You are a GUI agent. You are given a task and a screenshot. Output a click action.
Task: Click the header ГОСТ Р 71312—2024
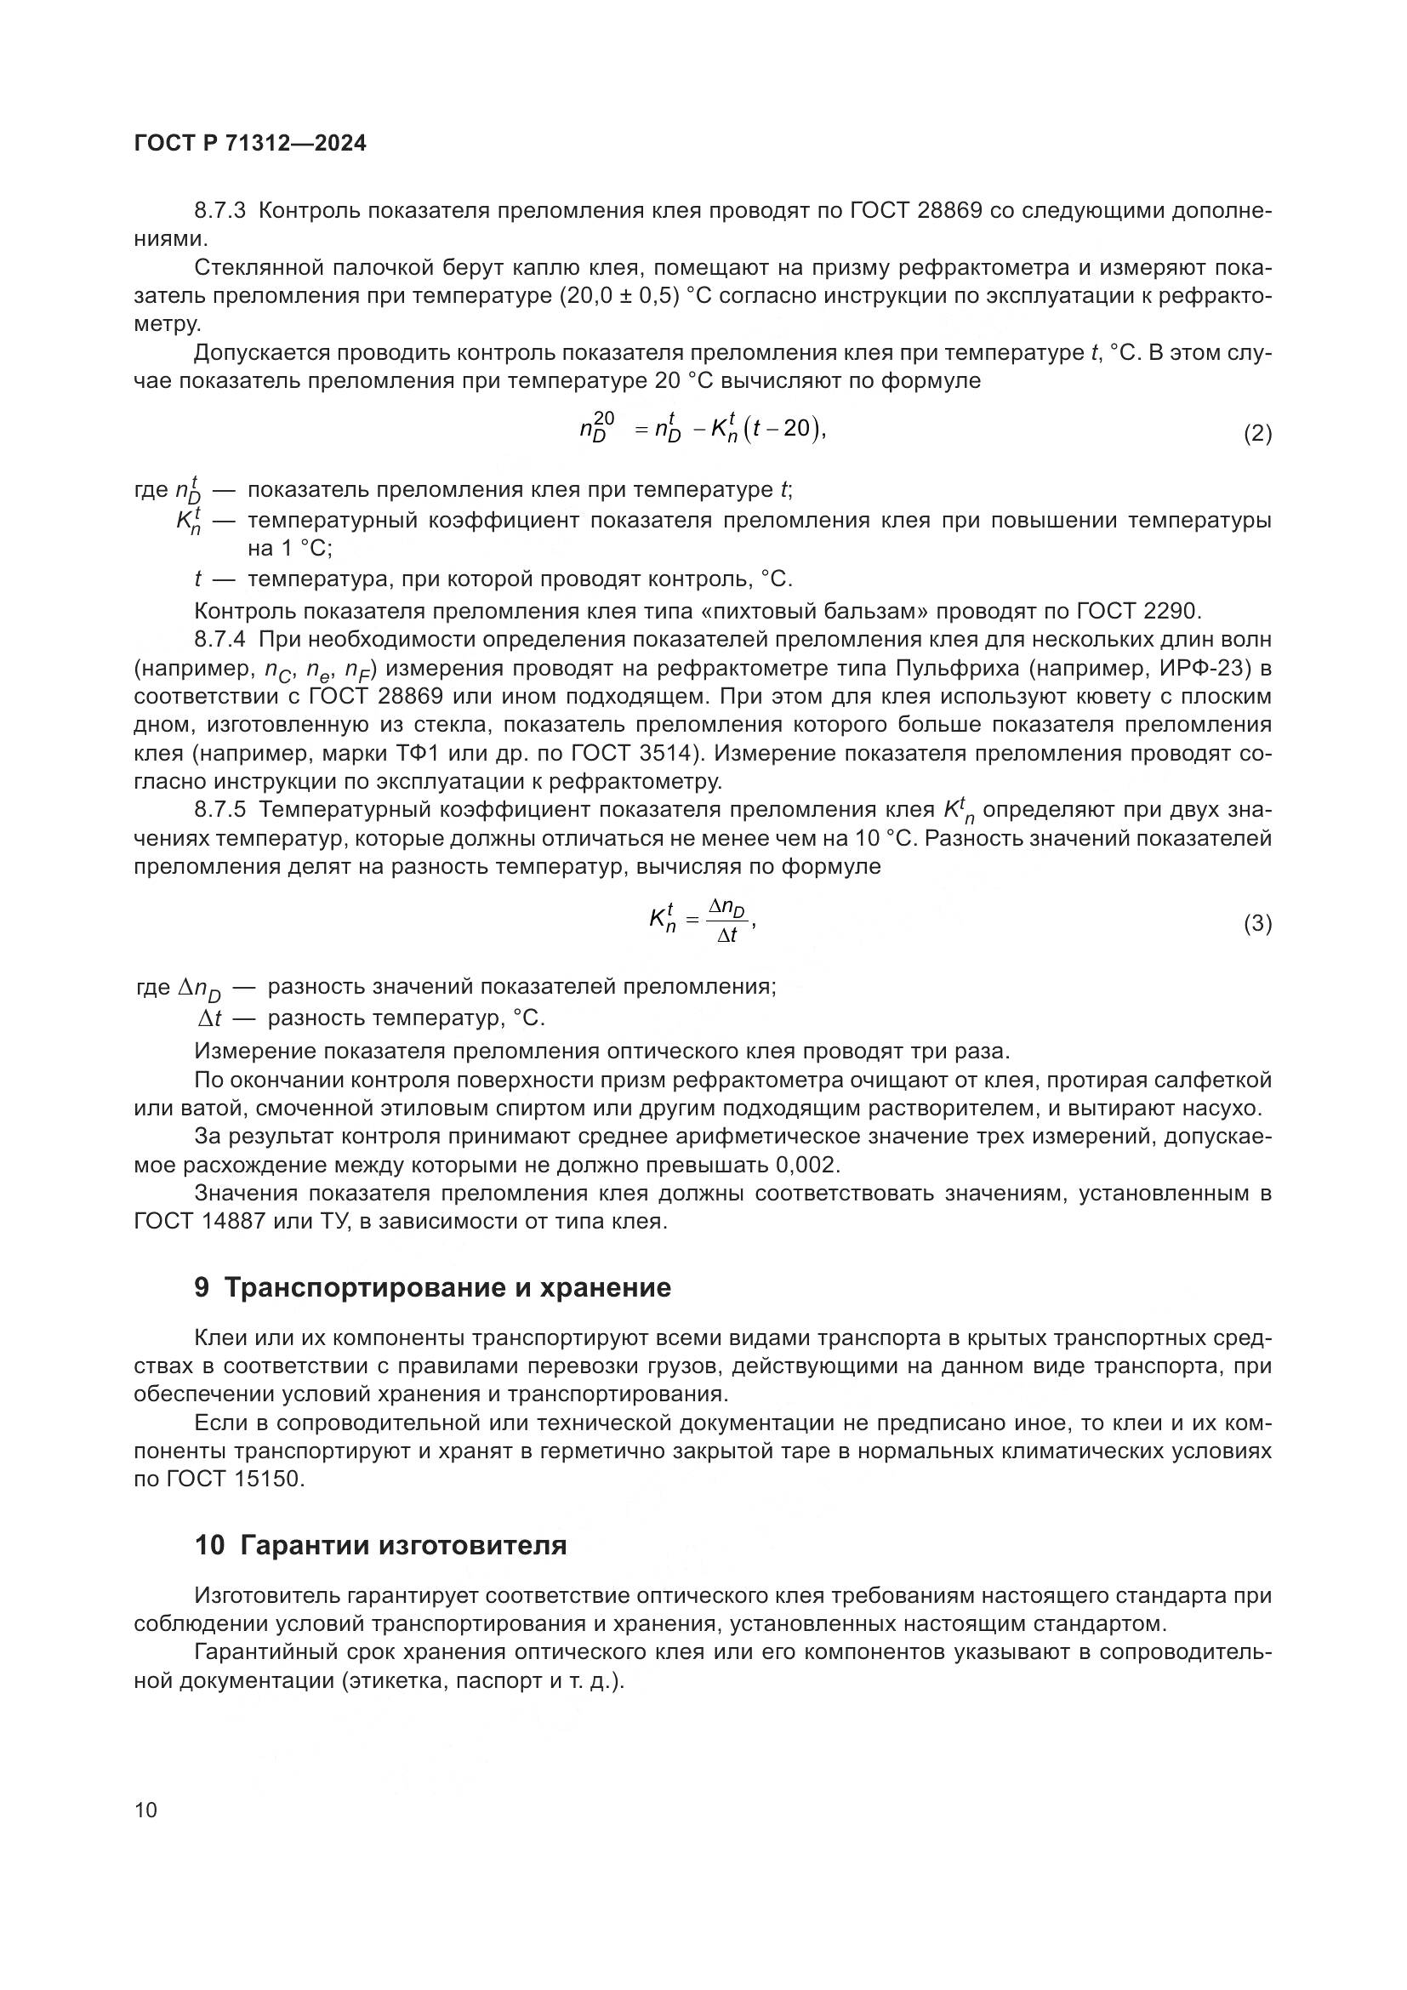(250, 144)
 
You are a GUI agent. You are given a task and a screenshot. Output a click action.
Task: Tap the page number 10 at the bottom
(146, 1810)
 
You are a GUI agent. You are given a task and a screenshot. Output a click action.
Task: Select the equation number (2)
(1257, 433)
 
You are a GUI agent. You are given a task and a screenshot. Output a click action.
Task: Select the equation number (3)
(1257, 924)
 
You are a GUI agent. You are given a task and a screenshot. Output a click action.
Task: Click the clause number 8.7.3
(220, 211)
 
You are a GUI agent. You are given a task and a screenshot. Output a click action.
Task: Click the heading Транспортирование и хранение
(447, 1288)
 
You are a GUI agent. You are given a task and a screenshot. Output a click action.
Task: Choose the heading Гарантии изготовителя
(403, 1545)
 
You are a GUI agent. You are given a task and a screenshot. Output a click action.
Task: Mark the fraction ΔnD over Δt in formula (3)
(726, 921)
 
